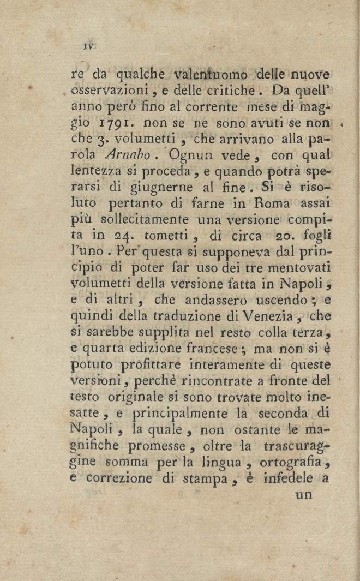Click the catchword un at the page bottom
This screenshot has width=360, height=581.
click(x=303, y=495)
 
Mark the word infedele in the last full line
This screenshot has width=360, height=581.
click(x=288, y=478)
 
